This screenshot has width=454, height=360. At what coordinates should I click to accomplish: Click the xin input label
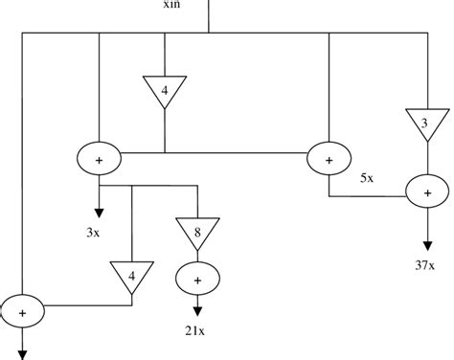(173, 9)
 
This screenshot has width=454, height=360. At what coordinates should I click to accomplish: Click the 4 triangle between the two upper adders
(165, 91)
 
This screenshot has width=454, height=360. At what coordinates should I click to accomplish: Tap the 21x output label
(195, 330)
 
